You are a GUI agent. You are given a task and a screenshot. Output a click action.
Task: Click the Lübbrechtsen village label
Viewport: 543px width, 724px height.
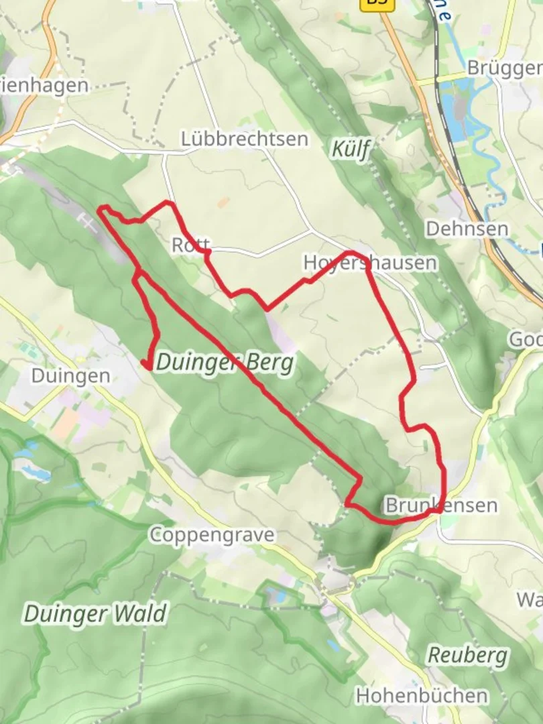coord(245,139)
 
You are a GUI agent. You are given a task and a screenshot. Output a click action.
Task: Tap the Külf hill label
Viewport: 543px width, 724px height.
coord(351,149)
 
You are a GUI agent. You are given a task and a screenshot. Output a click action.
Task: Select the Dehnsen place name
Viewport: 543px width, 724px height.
coord(467,229)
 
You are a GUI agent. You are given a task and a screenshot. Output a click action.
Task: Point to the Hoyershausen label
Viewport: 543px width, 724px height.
coord(369,262)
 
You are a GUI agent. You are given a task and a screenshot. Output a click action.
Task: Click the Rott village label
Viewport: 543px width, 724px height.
coord(191,245)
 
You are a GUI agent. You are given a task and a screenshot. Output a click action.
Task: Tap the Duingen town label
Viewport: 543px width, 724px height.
coord(70,375)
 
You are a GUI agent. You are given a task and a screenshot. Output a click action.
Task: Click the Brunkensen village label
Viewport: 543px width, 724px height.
coord(441,505)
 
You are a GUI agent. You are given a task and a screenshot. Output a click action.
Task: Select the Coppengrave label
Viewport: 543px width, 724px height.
coord(212,535)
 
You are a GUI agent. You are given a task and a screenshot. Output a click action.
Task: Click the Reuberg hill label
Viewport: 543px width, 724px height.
coord(468,655)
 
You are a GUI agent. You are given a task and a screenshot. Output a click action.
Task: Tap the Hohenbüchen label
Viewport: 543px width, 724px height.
coord(422,695)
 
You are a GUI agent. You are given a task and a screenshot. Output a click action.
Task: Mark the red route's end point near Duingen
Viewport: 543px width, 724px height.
coord(145,364)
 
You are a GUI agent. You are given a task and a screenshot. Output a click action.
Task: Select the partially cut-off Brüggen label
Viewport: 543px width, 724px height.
coord(504,68)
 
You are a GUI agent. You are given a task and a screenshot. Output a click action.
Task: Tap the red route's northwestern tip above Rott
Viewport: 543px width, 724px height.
coord(102,209)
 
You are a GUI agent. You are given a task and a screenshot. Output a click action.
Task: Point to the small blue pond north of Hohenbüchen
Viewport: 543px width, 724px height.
coord(333,645)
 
